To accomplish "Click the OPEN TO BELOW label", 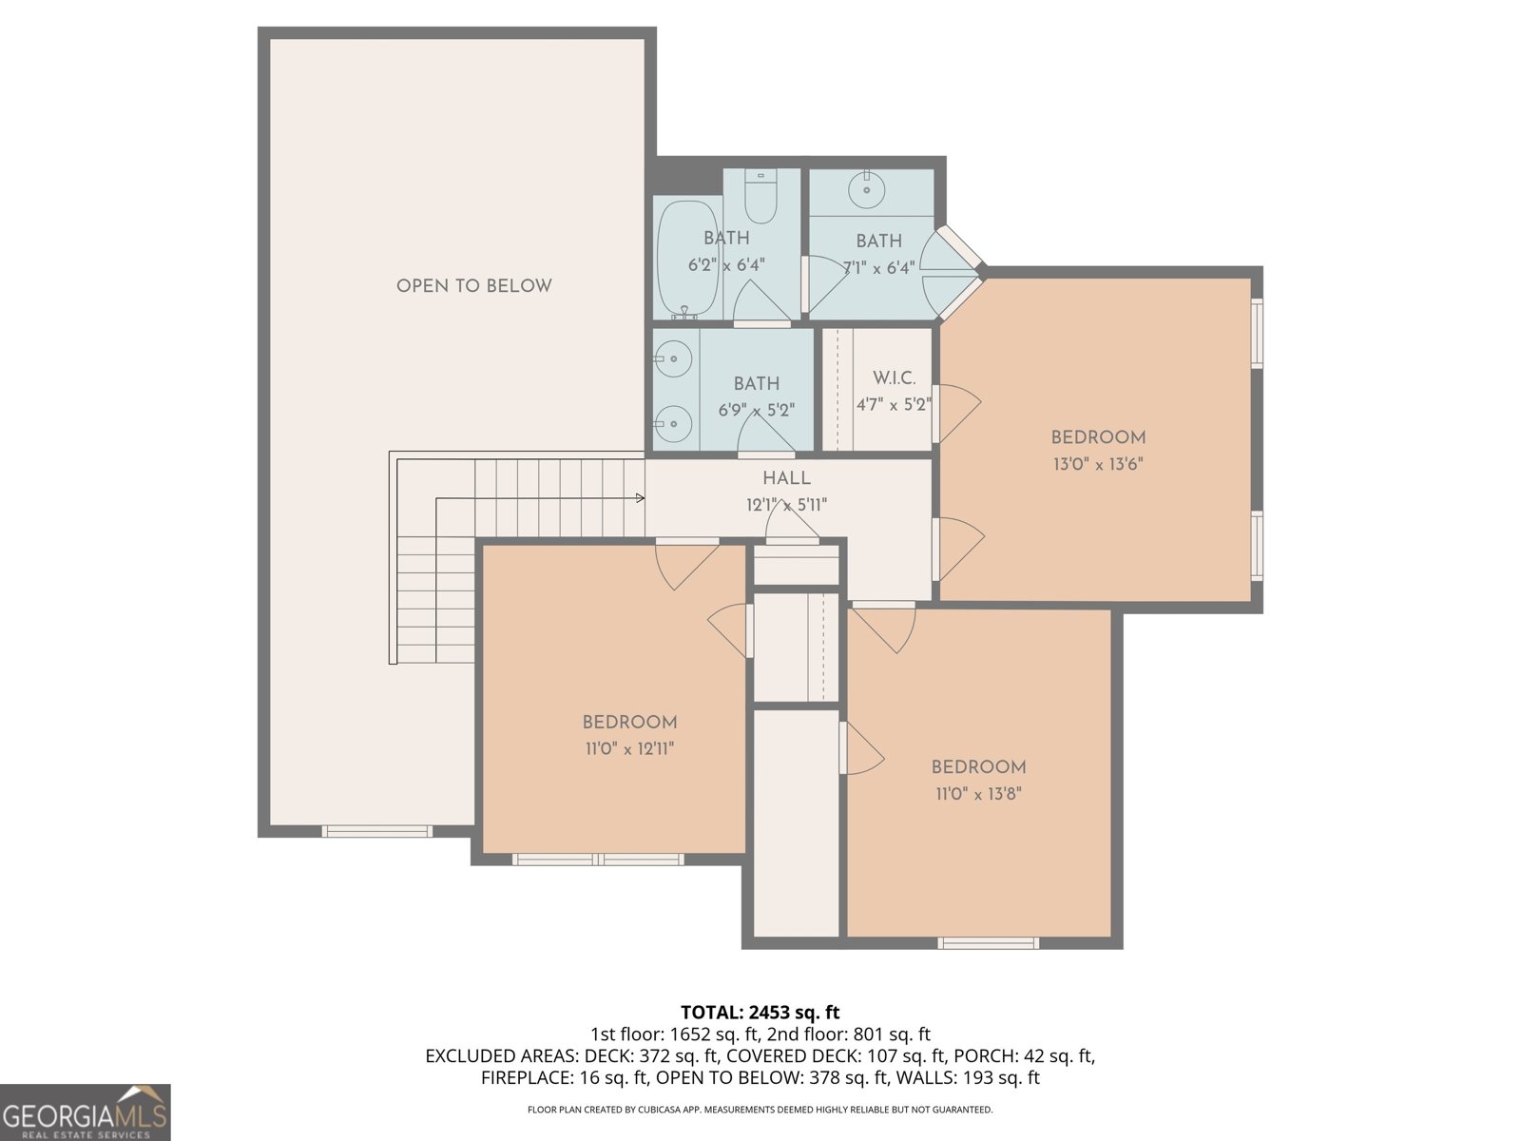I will click(x=473, y=286).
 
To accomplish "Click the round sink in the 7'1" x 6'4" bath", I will click(x=867, y=190).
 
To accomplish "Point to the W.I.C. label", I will click(x=894, y=378).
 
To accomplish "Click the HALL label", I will click(x=786, y=479).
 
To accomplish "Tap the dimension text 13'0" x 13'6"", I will click(x=1097, y=465).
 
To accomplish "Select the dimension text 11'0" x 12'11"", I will click(x=629, y=749).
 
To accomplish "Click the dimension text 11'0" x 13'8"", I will click(x=978, y=794).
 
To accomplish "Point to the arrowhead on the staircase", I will click(x=640, y=497).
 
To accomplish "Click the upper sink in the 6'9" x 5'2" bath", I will click(x=673, y=358).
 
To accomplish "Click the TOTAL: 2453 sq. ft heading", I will click(x=760, y=1013).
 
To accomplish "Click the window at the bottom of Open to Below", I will click(x=377, y=832).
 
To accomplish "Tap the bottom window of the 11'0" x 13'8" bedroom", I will click(x=988, y=943).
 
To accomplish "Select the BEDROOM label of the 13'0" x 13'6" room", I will click(x=1098, y=437).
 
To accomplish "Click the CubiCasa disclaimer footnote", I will click(x=760, y=1110).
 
